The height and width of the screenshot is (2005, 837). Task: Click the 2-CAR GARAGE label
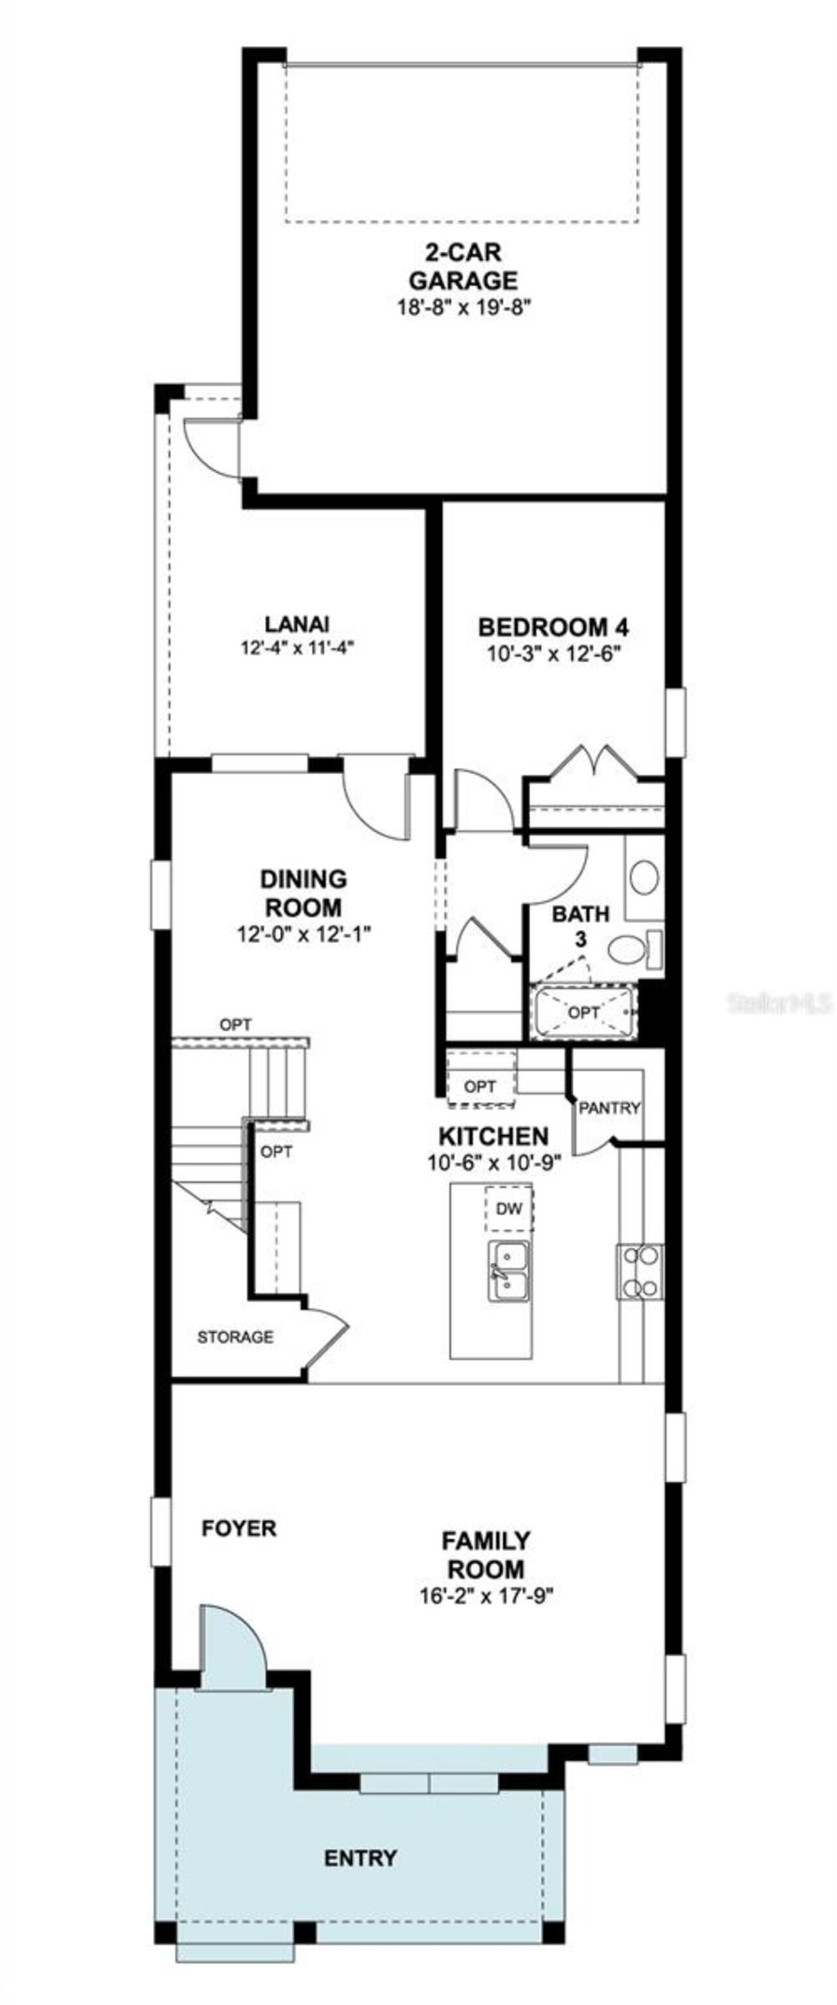[462, 266]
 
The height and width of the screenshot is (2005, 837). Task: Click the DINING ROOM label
[303, 893]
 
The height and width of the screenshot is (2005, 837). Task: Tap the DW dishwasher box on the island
[509, 1208]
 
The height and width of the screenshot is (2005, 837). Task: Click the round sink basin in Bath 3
[644, 877]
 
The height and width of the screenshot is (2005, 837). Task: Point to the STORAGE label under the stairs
[235, 1337]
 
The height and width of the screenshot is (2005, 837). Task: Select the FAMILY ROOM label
[486, 1554]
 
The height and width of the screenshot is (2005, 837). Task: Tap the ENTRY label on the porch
[360, 1858]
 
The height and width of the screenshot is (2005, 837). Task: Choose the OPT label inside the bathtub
[583, 1012]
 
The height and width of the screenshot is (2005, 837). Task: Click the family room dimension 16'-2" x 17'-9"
[486, 1596]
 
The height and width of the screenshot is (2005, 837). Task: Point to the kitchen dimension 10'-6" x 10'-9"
[494, 1162]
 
